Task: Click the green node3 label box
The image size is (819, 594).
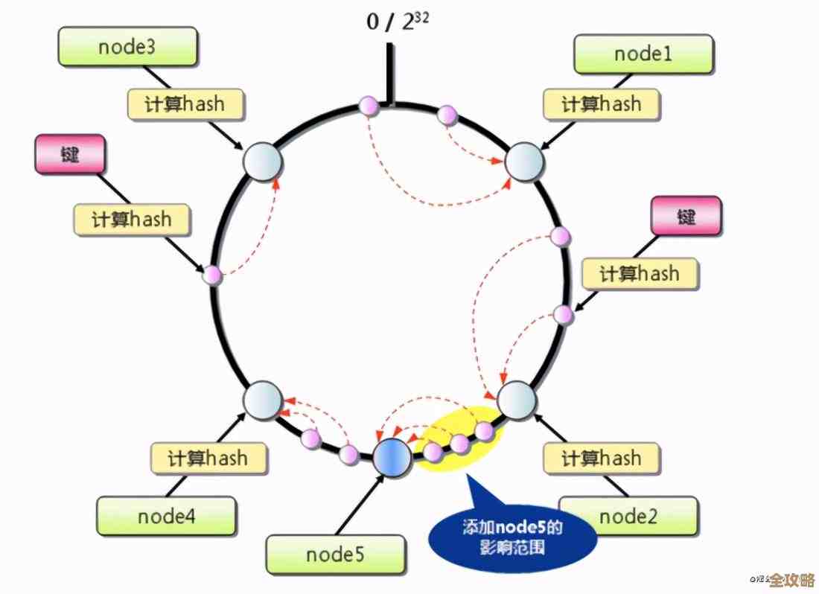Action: tap(127, 47)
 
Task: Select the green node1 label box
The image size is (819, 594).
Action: tap(643, 54)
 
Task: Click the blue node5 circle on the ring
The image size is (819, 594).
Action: tap(392, 457)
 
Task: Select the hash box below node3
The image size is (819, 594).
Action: tap(185, 104)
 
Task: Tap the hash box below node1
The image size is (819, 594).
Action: tap(602, 104)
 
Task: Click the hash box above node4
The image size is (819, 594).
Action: tap(208, 457)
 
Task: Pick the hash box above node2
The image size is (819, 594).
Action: tap(602, 457)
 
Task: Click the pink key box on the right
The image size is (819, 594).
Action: tap(686, 217)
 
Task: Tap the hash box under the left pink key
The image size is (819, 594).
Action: tap(133, 220)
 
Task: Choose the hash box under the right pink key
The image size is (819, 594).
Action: tap(640, 274)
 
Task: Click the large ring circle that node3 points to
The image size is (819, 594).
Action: tap(261, 162)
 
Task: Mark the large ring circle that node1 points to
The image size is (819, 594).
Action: tap(525, 162)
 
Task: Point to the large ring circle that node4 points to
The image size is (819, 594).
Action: tap(263, 400)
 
